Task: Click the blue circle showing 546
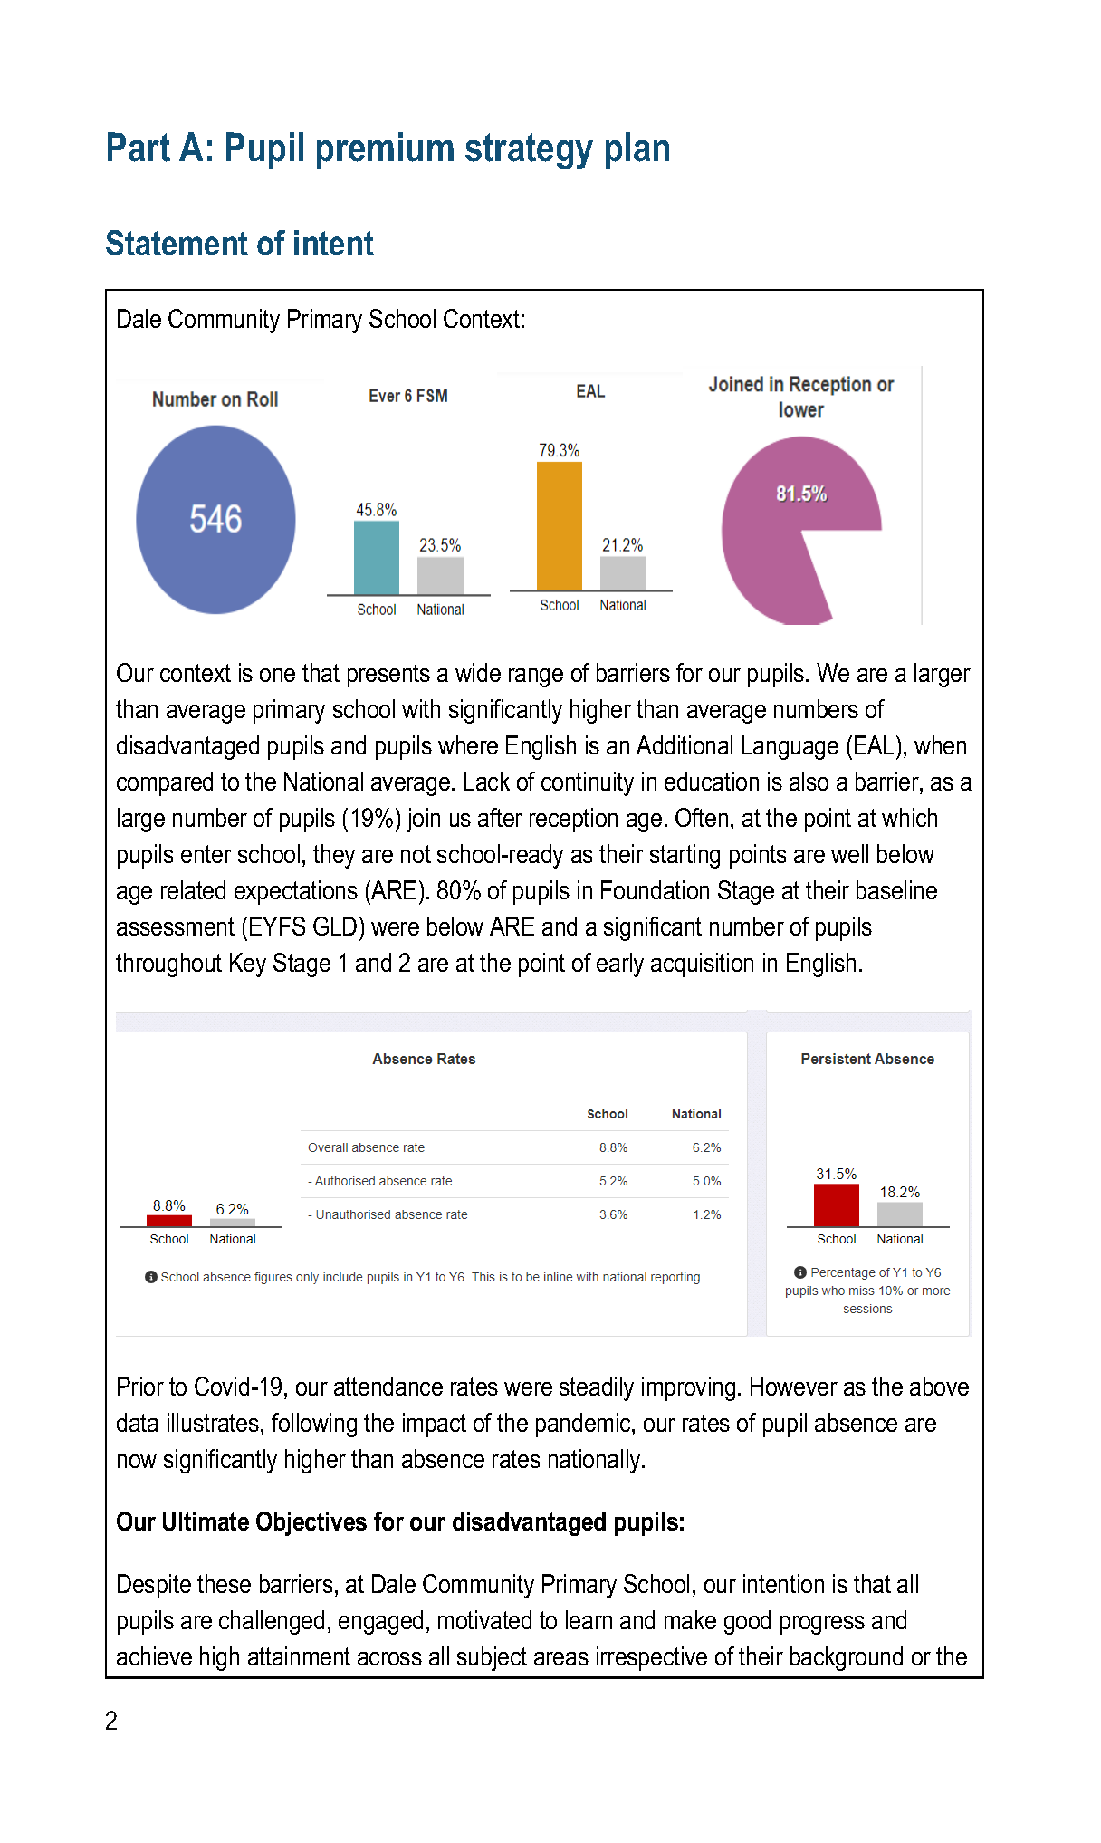point(215,519)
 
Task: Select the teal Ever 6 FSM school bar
point(376,557)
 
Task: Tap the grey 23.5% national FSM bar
point(440,575)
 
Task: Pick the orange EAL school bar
point(559,525)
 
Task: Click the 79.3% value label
point(559,450)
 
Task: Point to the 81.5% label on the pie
point(800,494)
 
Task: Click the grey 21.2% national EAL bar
point(623,572)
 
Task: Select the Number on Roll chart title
point(215,399)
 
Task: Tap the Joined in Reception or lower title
point(800,397)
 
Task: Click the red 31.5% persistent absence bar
point(836,1205)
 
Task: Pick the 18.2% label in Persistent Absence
point(899,1192)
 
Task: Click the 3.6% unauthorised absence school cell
point(613,1214)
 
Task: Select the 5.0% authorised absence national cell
point(706,1181)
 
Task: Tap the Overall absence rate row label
point(366,1147)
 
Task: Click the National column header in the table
point(696,1114)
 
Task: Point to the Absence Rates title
point(424,1059)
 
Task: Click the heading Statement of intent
point(239,244)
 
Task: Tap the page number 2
point(111,1721)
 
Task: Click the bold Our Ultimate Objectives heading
point(400,1521)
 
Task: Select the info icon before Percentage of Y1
point(799,1272)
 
